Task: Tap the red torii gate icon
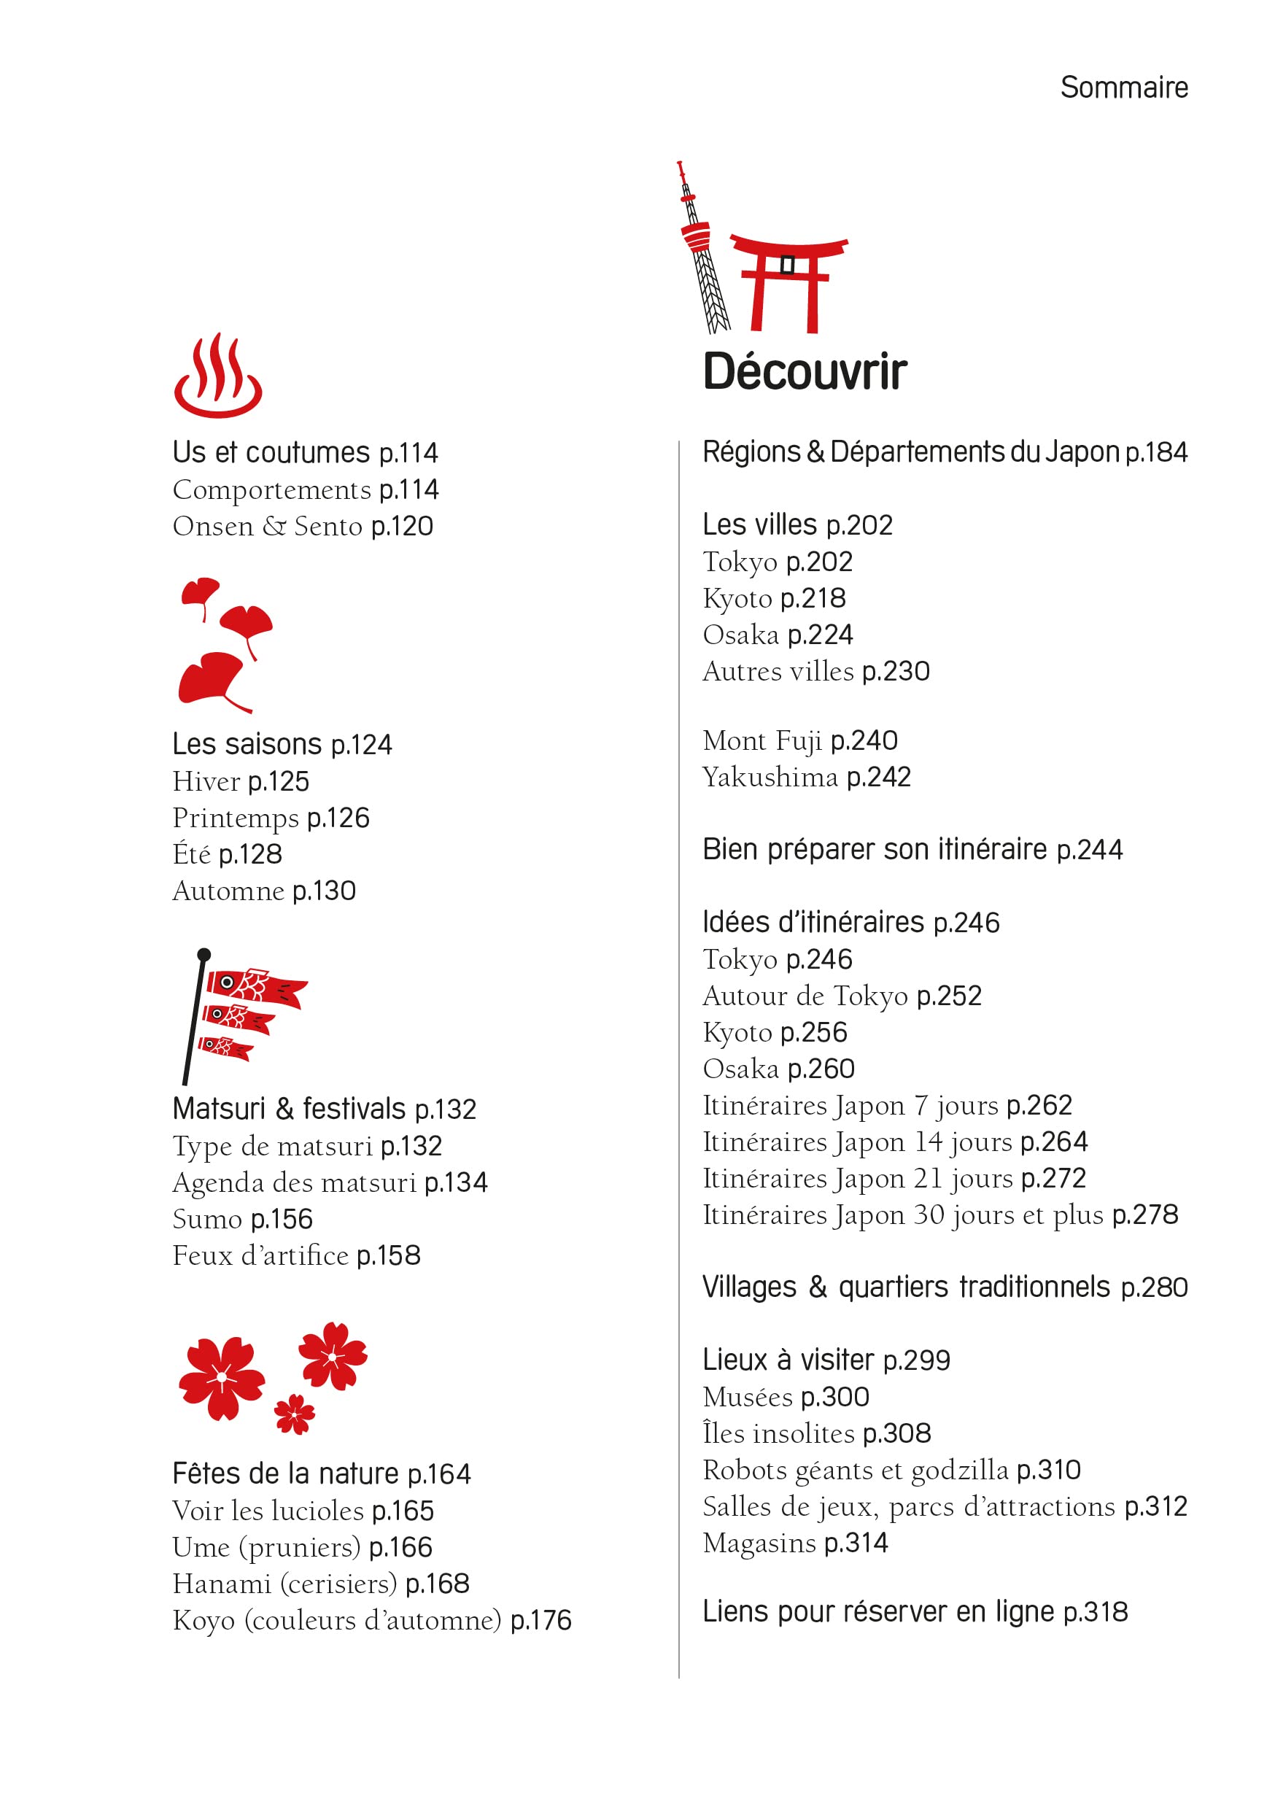coord(787,279)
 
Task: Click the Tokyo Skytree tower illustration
coord(702,248)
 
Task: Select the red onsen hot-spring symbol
coord(217,376)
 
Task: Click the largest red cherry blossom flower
coord(222,1378)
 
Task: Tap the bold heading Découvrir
coord(804,372)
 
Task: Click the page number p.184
coord(1156,453)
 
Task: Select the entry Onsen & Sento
coord(267,527)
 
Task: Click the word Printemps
coord(235,818)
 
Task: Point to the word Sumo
coord(207,1220)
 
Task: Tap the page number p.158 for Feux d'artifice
coord(389,1256)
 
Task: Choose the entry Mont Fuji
coord(762,740)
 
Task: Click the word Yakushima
coord(770,778)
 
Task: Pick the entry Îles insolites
coord(778,1433)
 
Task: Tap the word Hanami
coord(222,1584)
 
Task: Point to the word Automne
coord(228,891)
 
